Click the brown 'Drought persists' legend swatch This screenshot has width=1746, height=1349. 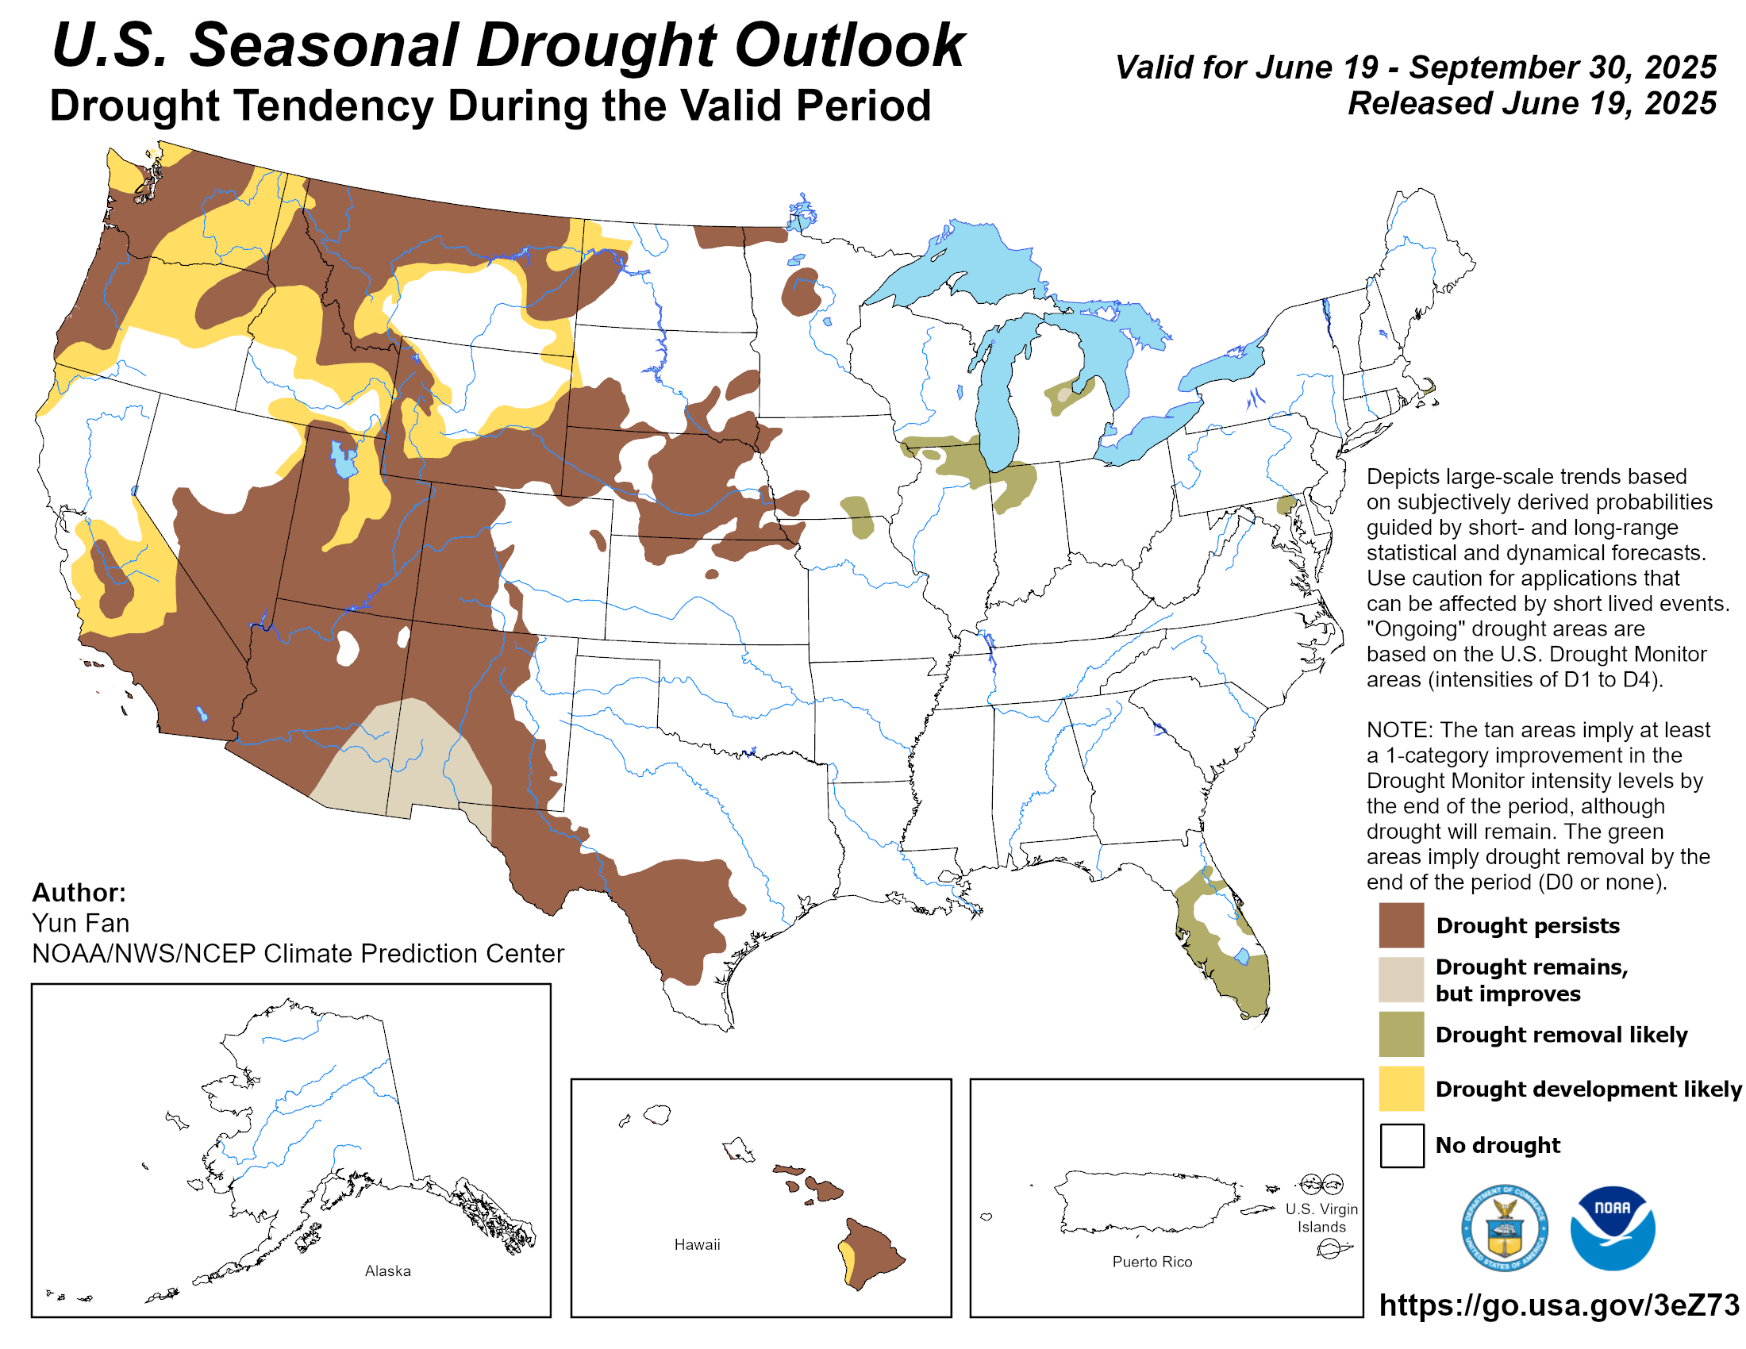click(1401, 924)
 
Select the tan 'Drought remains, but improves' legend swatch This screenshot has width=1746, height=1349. click(1401, 979)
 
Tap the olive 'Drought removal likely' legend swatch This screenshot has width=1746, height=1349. click(1401, 1034)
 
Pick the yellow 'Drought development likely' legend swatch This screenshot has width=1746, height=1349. click(1401, 1089)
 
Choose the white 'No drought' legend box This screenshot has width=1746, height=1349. click(1401, 1144)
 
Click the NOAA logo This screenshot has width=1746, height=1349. click(1612, 1228)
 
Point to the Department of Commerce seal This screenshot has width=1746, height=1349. click(1504, 1228)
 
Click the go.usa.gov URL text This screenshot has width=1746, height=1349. click(1558, 1305)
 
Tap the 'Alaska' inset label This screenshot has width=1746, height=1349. click(388, 1270)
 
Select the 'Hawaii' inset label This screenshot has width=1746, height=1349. click(697, 1244)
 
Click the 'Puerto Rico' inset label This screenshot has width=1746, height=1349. click(1152, 1262)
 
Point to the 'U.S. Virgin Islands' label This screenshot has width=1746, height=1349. click(1321, 1218)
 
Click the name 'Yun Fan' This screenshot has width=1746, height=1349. click(81, 923)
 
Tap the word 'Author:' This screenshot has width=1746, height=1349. click(79, 892)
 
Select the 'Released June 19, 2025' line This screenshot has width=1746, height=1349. click(1532, 103)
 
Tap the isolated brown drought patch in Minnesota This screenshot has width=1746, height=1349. click(800, 293)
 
